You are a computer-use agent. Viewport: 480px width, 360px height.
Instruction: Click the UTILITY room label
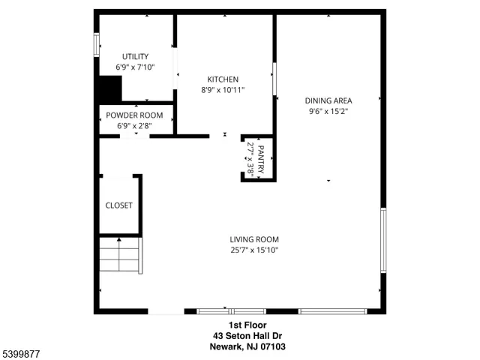click(136, 56)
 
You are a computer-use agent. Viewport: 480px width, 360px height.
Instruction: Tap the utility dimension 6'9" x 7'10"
click(136, 67)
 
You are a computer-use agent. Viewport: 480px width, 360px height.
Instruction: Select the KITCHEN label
click(223, 79)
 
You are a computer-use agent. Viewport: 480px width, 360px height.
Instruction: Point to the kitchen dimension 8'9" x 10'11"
click(223, 90)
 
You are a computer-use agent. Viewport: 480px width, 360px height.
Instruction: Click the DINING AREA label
click(328, 100)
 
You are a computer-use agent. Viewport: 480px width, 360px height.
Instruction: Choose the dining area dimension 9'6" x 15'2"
click(328, 111)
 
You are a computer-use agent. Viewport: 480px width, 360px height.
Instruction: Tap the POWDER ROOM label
click(135, 115)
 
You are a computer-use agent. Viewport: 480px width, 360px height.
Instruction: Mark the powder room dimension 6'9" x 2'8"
click(135, 126)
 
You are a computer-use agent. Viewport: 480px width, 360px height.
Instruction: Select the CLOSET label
click(118, 205)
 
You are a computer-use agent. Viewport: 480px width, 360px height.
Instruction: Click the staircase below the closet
click(119, 255)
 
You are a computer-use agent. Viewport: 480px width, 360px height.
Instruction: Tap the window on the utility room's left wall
click(96, 44)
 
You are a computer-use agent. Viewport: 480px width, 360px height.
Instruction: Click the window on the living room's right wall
click(383, 240)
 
